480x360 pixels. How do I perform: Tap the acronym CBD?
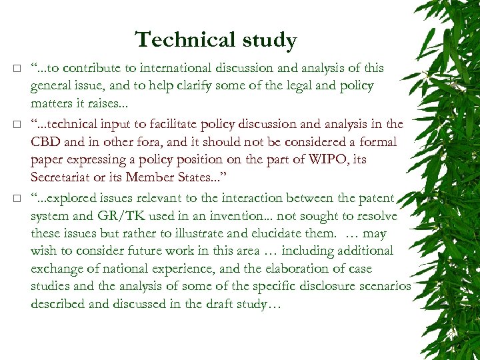pyautogui.click(x=47, y=141)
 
